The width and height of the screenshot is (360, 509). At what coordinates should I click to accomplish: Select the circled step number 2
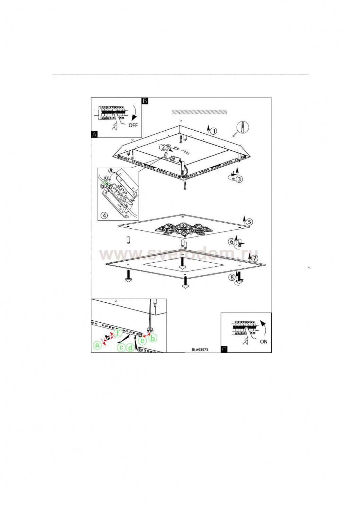coord(163,148)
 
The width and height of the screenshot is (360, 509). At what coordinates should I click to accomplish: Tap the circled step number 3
coord(239,179)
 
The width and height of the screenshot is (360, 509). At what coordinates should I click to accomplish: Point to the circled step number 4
coord(104,215)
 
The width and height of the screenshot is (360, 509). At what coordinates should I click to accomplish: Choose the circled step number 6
coord(232,241)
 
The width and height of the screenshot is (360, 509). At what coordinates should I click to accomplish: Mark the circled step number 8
coord(232,277)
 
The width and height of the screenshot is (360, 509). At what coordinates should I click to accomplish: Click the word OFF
coord(133,125)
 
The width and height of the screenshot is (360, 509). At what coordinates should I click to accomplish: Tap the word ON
coord(264,341)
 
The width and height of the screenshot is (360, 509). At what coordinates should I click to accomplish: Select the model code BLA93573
coord(200,350)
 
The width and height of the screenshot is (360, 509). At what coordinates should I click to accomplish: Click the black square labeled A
coord(94,134)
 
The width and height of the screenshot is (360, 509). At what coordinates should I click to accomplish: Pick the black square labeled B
coord(145,101)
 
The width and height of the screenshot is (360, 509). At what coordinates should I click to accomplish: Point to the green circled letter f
coord(118,333)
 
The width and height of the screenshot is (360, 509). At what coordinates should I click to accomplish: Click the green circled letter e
coord(142,340)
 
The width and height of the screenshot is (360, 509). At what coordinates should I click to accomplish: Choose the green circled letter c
coord(121,347)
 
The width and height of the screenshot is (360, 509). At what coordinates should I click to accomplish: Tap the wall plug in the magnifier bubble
coord(242,127)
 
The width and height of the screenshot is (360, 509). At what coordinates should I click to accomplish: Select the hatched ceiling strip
coord(199,112)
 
